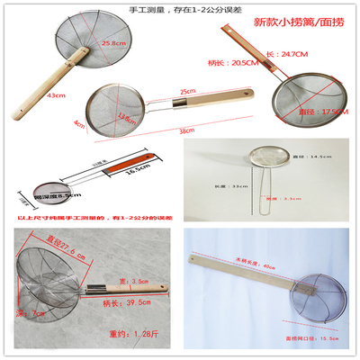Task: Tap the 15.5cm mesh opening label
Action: [309, 337]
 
